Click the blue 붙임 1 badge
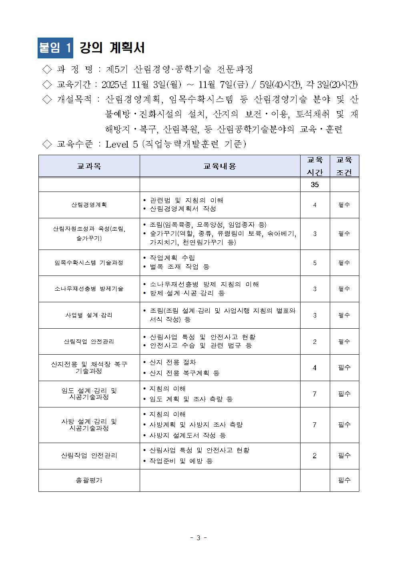coord(55,48)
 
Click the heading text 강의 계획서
coord(112,48)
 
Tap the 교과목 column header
coord(89,166)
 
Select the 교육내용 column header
coord(220,166)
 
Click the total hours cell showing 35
coord(315,185)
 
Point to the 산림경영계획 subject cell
coord(89,205)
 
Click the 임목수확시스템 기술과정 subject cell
coord(89,263)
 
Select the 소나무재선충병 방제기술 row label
coord(89,289)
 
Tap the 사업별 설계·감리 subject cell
coord(89,315)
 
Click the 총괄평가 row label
coord(89,480)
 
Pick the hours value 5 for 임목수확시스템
coord(315,263)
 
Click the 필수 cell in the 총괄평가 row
coord(344,480)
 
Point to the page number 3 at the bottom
coord(198,538)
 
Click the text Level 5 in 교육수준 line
coord(122,144)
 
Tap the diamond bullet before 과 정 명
coord(47,70)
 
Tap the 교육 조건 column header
coord(344,166)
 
